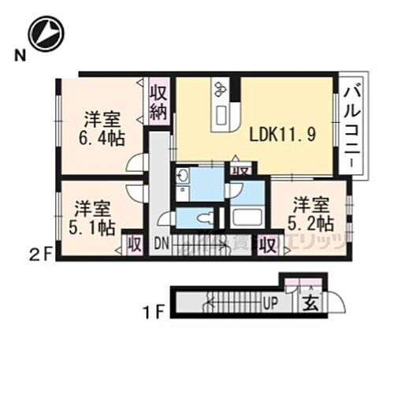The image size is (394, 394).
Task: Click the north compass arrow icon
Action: click(x=43, y=33)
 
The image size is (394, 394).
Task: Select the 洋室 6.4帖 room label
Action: click(x=103, y=129)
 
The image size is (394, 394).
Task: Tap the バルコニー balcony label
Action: click(x=352, y=125)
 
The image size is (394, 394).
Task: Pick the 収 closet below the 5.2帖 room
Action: click(x=269, y=245)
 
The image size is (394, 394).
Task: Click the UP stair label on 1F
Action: click(x=269, y=303)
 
